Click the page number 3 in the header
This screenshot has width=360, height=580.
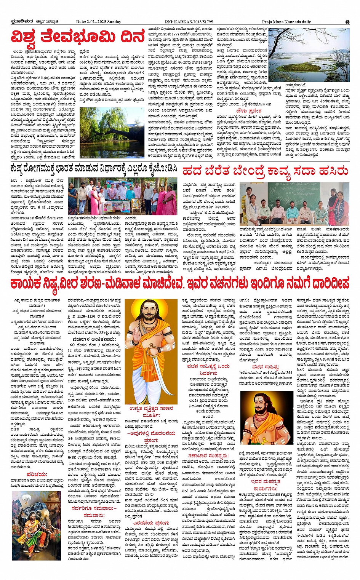(x=347, y=22)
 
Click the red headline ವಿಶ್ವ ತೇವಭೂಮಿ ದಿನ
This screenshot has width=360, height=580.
(x=78, y=38)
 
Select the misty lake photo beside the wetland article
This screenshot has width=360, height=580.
(x=309, y=55)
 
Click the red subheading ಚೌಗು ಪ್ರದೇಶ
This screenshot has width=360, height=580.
(x=248, y=110)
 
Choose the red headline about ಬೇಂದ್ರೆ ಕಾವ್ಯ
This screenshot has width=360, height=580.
(x=265, y=171)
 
